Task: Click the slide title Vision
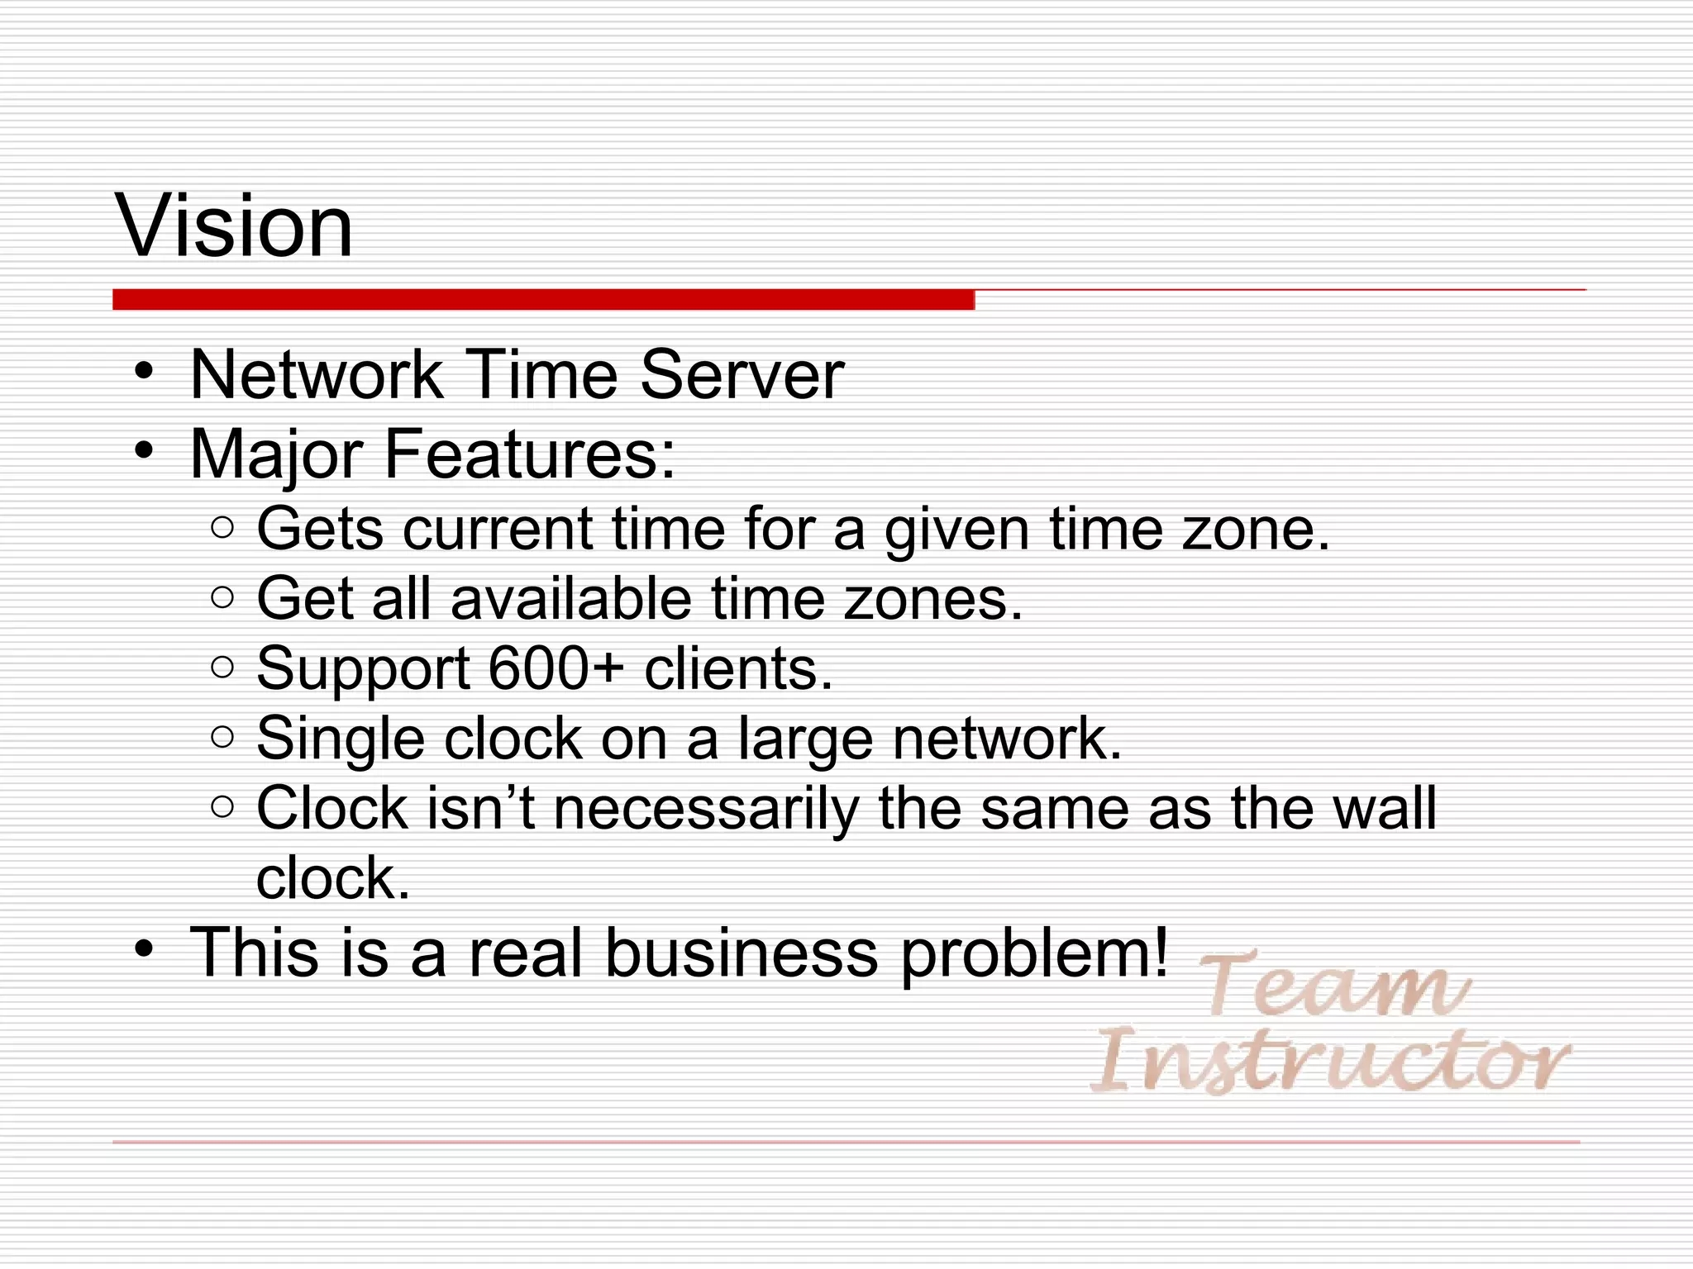pos(236,226)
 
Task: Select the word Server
pos(742,376)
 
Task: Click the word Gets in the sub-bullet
pos(320,529)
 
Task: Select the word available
pos(570,598)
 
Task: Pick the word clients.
pos(738,668)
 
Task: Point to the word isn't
pos(480,808)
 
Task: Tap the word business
pos(742,953)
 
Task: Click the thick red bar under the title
pos(543,300)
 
